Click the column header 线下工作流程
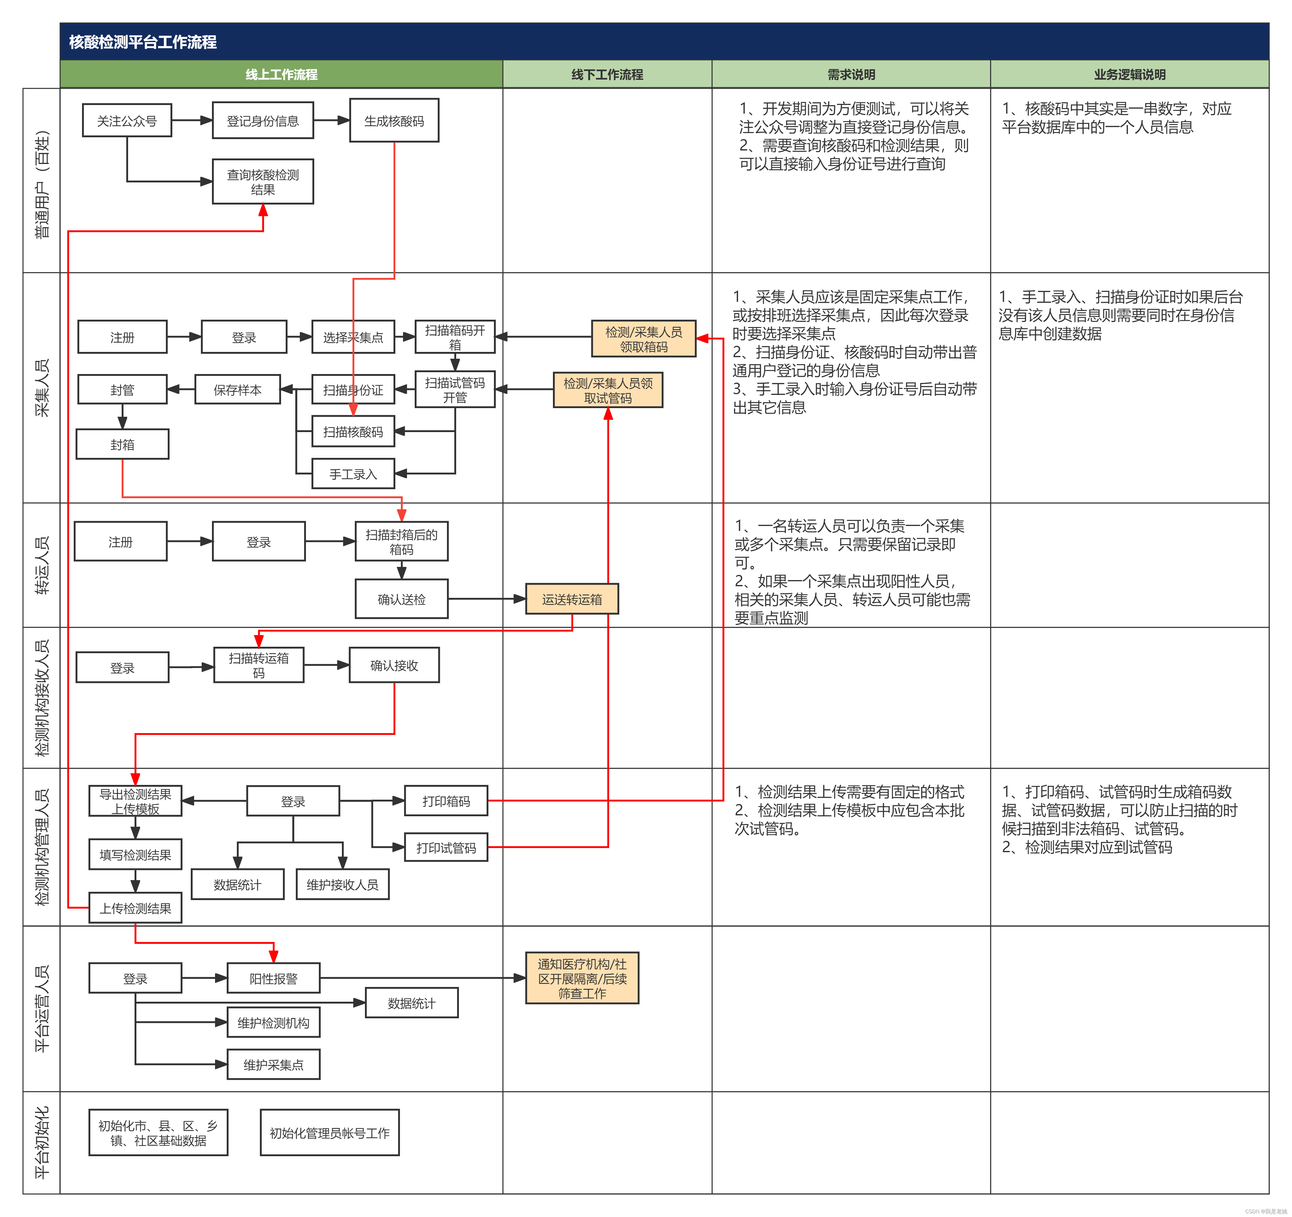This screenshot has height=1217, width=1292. coord(607,74)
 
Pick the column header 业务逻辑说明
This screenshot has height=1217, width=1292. coord(1130,74)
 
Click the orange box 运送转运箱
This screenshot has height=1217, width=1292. coord(572,599)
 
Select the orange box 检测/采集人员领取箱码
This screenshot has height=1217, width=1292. coord(644,338)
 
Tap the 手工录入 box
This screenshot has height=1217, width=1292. coord(353,474)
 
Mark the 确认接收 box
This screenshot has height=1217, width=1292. coord(394,665)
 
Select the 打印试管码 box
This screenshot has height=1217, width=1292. coord(446,847)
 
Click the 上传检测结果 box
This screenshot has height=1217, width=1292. coord(135,908)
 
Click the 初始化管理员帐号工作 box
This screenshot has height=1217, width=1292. coord(330,1133)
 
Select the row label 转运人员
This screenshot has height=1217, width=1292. coord(41,565)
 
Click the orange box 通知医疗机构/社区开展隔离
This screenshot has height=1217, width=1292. coord(582,978)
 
